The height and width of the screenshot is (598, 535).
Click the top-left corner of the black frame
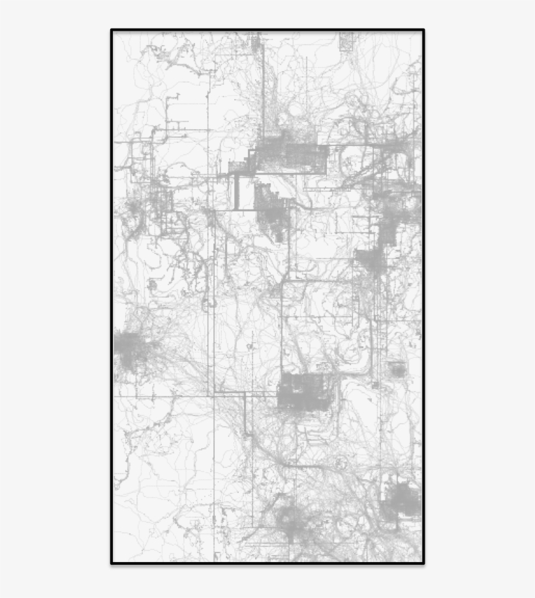112,31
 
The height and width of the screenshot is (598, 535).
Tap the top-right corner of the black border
423,31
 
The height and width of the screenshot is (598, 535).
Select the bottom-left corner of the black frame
112,562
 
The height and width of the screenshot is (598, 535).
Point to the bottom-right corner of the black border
423,562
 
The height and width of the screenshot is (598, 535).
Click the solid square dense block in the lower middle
303,391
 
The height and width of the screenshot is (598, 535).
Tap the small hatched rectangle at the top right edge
346,41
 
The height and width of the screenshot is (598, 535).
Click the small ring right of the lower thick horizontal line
339,464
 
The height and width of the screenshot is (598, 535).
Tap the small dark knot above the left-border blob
153,285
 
